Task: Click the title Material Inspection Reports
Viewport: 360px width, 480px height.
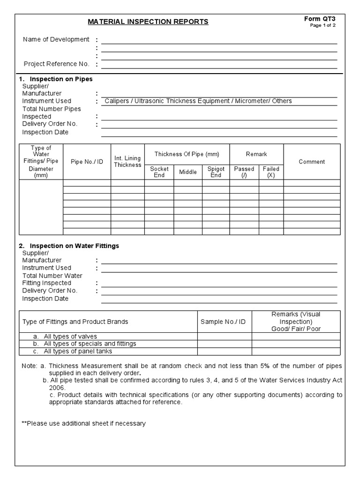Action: coord(149,22)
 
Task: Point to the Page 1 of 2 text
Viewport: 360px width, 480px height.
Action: coord(322,25)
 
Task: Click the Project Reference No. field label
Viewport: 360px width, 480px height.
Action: coord(56,64)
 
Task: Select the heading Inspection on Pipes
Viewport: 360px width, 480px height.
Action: coord(61,79)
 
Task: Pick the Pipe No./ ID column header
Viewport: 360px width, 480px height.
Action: coord(87,162)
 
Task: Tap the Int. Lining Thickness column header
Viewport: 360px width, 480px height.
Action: coord(127,162)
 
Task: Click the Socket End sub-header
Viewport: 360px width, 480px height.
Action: coord(159,172)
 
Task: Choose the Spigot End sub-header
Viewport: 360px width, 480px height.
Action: coord(216,172)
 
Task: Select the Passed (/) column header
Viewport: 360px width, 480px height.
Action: coord(244,172)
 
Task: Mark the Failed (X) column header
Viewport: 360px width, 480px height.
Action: coord(271,172)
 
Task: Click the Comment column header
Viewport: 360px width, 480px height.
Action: coord(312,162)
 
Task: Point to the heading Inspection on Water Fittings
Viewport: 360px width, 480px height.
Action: coord(74,246)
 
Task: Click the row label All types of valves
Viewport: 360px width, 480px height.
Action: coord(70,337)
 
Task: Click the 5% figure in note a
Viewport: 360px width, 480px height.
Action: coord(260,366)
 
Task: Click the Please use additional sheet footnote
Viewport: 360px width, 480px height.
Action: coord(83,423)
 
